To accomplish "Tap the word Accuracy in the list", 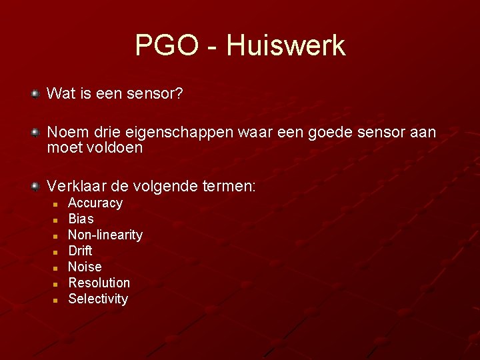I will tap(95, 203).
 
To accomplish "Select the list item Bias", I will tap(81, 219).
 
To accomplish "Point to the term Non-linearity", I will tap(105, 235).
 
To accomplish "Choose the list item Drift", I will tap(80, 251).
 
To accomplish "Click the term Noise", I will tap(85, 267).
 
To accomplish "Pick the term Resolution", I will tap(99, 283).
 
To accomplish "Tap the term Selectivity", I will tap(98, 299).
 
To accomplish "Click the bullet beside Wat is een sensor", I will tap(35, 94).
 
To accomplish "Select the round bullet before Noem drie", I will tap(35, 133).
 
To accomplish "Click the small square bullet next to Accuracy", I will tap(57, 204).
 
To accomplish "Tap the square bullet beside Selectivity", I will tap(57, 300).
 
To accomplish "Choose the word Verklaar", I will tap(73, 186).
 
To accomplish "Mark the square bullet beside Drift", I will tap(57, 252).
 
